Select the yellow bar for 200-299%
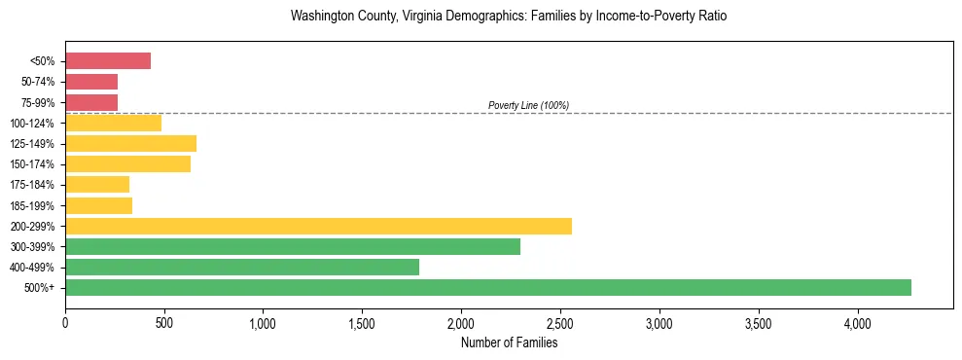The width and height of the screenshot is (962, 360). click(x=318, y=226)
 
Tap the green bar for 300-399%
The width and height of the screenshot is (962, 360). click(x=293, y=246)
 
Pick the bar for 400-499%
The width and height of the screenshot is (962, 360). click(x=242, y=267)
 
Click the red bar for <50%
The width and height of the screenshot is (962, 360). click(x=108, y=61)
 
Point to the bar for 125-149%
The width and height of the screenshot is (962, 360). click(x=130, y=144)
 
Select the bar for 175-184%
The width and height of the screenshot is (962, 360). click(x=97, y=185)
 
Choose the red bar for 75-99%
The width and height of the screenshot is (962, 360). click(x=91, y=102)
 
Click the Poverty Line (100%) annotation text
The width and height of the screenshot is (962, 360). click(x=528, y=105)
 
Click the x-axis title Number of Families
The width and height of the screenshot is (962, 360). click(x=509, y=342)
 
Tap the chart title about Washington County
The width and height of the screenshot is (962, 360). click(x=509, y=17)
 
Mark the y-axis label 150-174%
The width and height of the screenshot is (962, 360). click(x=33, y=164)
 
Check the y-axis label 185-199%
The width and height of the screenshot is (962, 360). click(x=33, y=205)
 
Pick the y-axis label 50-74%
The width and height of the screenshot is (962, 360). click(x=38, y=82)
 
